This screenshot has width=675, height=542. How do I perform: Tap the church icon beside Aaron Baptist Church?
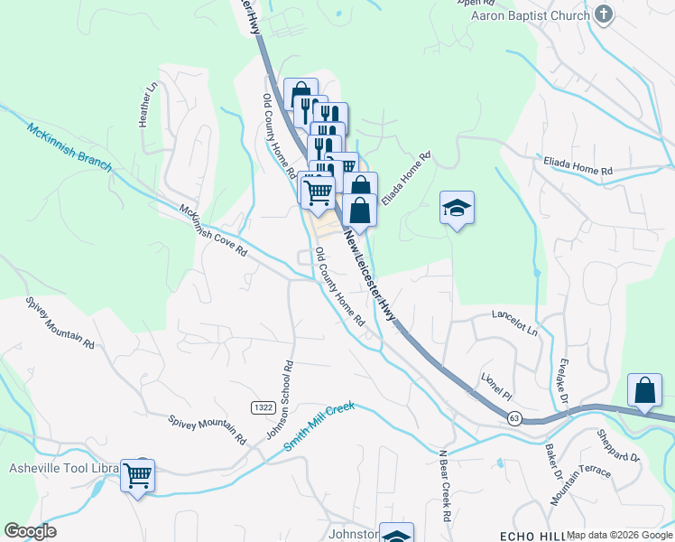604,15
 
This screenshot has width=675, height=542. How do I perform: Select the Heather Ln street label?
149,107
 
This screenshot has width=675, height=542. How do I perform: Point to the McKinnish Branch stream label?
68,146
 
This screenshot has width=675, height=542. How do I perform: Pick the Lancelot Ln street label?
514,324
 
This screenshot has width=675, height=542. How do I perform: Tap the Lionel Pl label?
496,384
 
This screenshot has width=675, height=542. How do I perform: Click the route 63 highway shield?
514,418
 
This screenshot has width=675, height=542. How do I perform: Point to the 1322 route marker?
263,408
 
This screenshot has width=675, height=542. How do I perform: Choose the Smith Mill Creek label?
320,426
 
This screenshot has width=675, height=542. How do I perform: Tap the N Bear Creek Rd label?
445,485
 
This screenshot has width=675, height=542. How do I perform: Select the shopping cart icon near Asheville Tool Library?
137,474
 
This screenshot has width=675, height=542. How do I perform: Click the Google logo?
30,531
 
